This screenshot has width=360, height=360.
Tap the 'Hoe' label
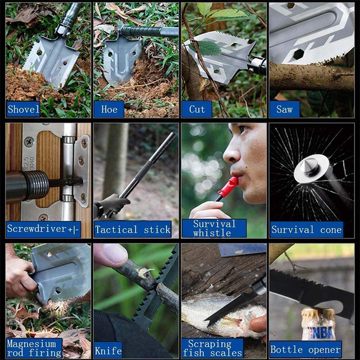108,109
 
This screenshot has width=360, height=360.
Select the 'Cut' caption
197,109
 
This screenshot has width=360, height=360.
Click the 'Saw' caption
284,109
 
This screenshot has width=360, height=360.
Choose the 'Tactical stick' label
133,229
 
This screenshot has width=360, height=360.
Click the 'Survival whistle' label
214,228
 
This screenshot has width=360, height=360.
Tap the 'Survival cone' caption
306,229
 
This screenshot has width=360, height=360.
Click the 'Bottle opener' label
305,349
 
